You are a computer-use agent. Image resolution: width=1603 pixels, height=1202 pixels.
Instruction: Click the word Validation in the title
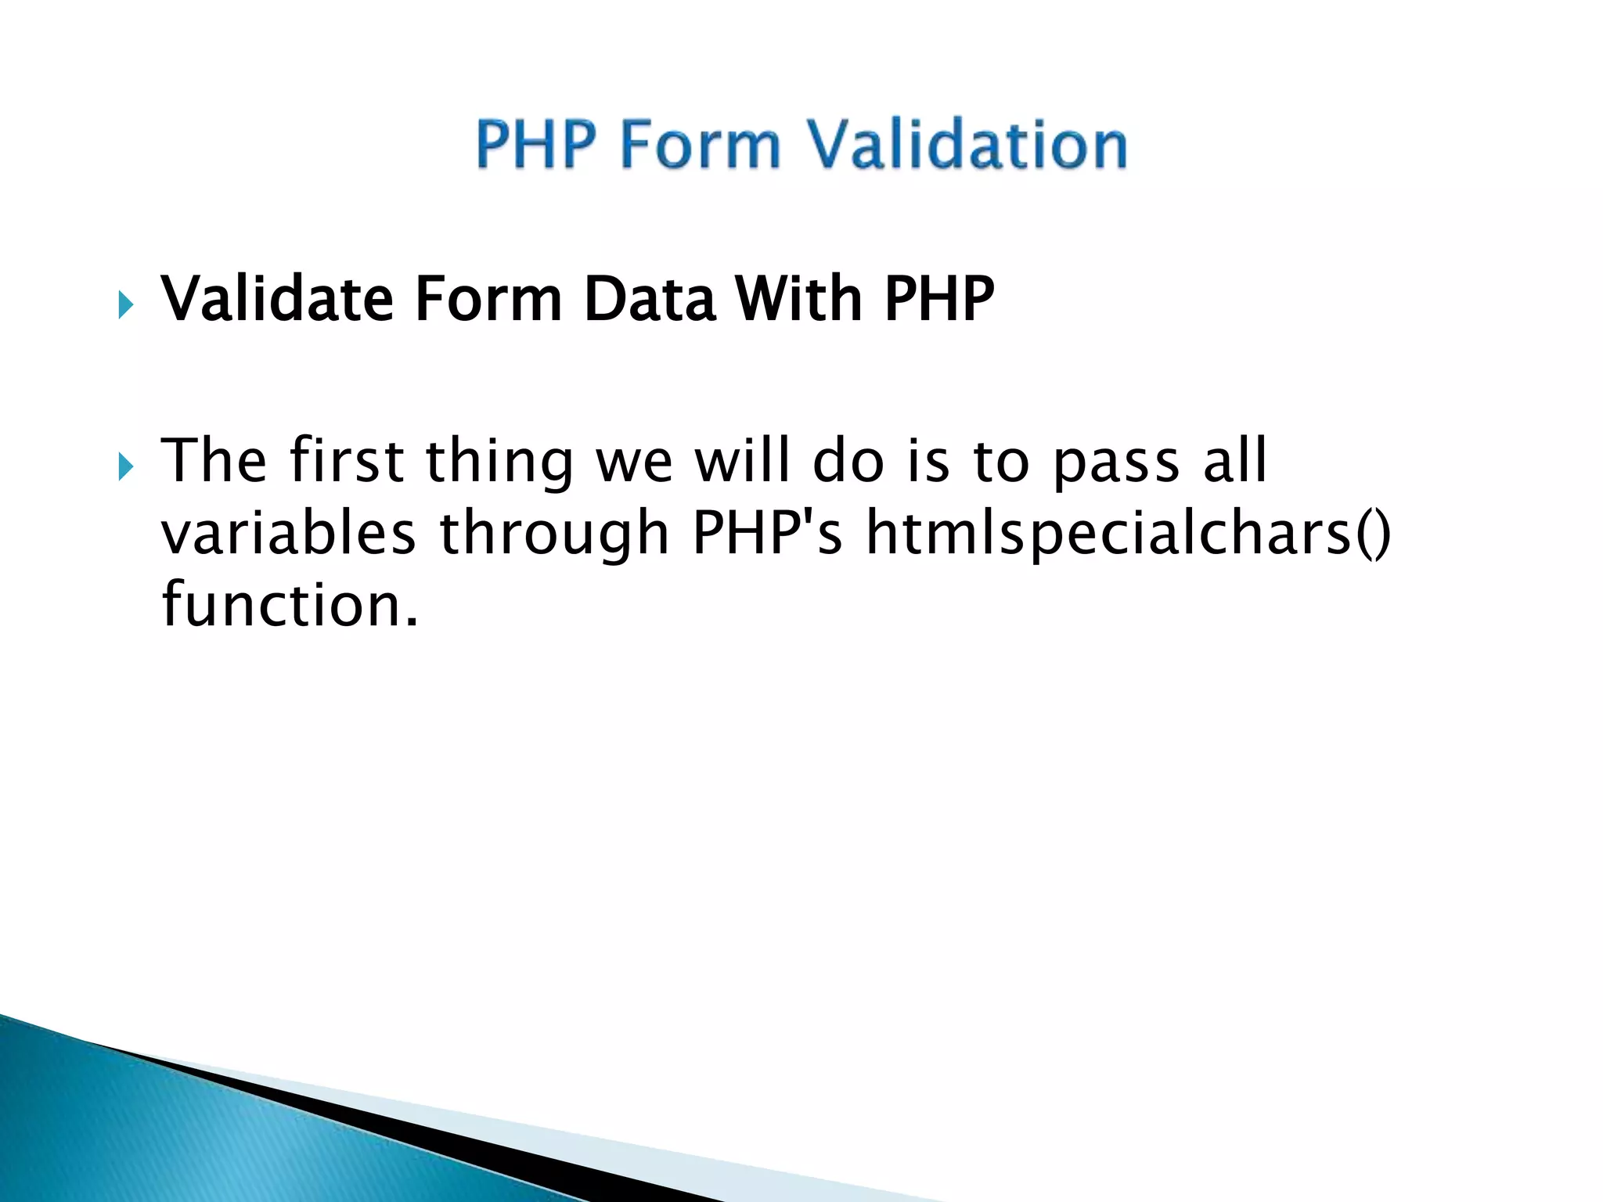967,146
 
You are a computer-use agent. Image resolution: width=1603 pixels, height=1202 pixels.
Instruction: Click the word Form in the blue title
701,146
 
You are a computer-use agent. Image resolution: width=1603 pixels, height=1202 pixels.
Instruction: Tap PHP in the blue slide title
536,146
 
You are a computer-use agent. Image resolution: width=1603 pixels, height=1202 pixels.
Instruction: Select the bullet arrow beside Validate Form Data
126,304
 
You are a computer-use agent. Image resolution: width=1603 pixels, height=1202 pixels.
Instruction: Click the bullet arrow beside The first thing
126,467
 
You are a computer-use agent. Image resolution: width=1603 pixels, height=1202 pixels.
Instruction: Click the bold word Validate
276,299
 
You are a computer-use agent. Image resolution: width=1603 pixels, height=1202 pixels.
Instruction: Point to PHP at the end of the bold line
939,299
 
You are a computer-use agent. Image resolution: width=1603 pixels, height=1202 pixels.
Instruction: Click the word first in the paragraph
346,461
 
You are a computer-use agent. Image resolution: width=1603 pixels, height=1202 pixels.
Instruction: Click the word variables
288,534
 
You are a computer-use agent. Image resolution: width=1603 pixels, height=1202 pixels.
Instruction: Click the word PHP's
768,534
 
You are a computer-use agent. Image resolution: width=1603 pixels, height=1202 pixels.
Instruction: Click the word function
290,606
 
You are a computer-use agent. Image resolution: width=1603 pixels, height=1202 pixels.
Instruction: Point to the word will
743,461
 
